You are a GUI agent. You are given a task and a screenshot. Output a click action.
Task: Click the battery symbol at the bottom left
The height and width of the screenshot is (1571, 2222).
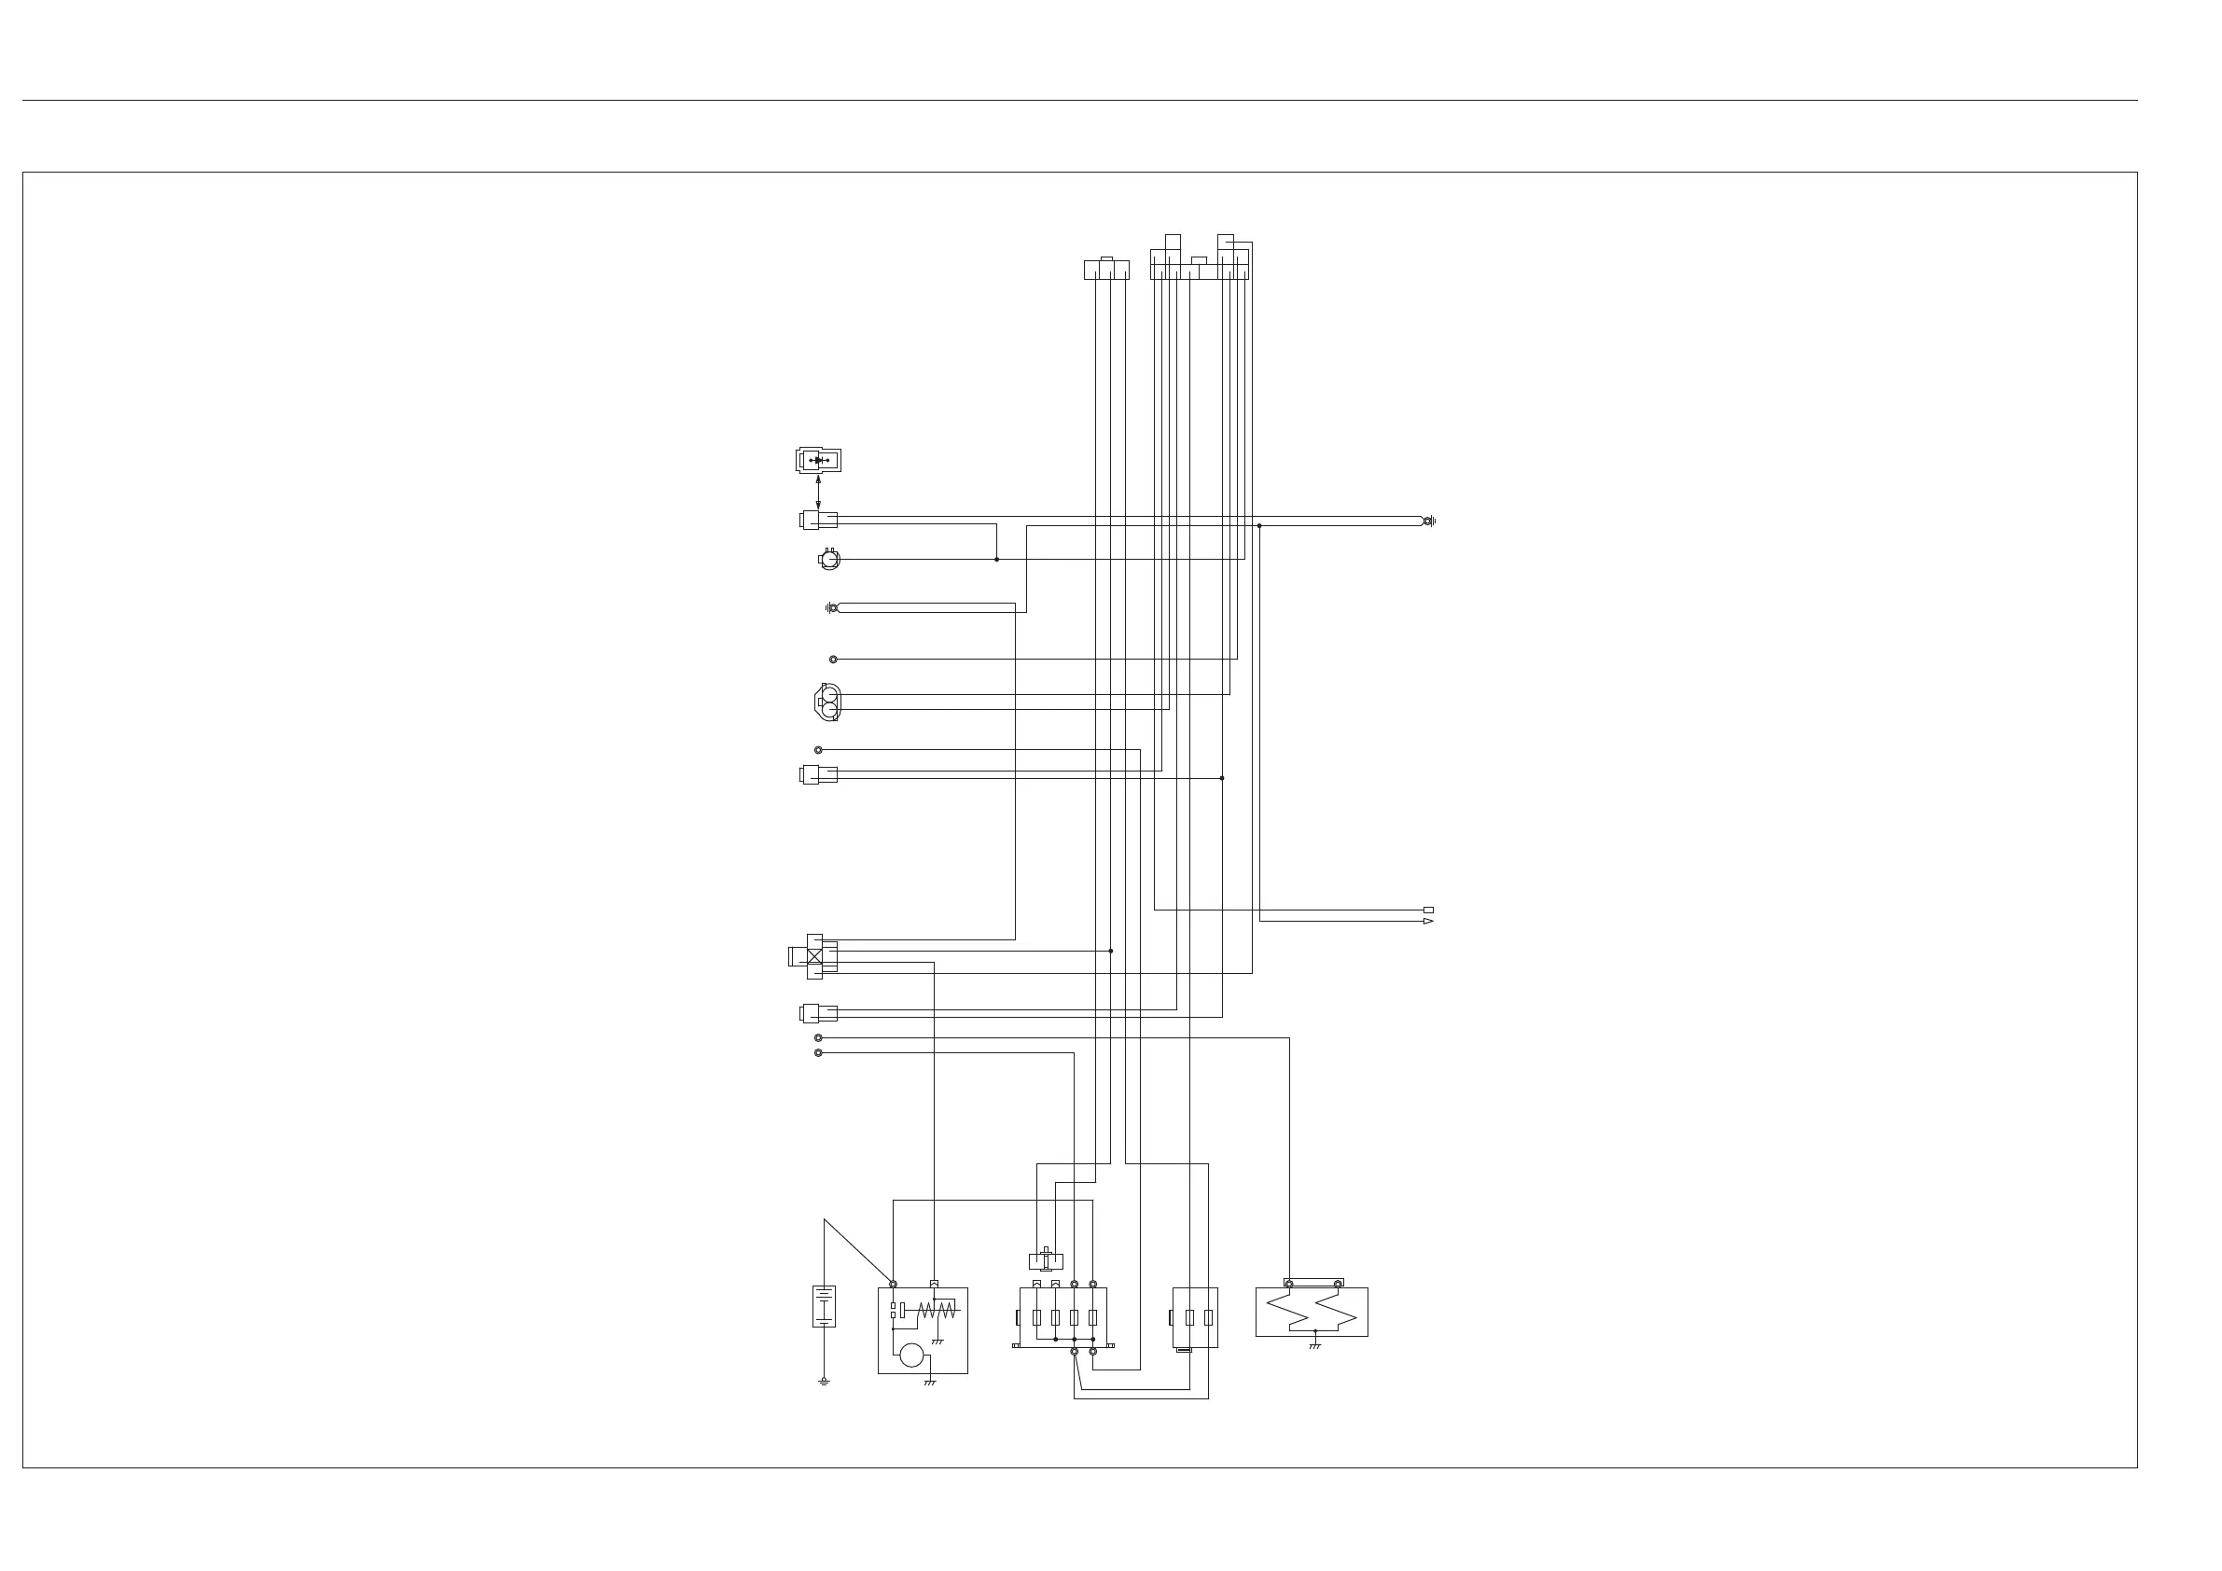click(x=824, y=1306)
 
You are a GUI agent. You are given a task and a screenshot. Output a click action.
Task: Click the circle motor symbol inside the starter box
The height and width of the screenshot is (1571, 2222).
click(x=911, y=1356)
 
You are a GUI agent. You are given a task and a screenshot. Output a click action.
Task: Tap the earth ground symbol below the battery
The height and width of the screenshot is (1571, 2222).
click(x=824, y=1382)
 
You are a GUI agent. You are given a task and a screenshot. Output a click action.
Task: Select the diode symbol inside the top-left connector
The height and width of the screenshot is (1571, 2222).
click(x=820, y=460)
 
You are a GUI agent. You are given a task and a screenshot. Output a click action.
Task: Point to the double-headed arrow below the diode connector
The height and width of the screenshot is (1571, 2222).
click(x=819, y=492)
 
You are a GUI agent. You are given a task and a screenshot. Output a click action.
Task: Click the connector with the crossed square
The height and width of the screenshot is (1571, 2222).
click(x=815, y=956)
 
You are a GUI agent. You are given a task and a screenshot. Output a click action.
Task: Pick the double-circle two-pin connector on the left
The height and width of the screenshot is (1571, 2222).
click(x=827, y=702)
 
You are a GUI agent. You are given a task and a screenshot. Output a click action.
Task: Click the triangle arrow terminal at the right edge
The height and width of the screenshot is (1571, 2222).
click(x=1428, y=922)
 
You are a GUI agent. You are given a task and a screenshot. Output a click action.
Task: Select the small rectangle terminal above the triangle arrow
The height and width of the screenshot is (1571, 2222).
click(x=1428, y=910)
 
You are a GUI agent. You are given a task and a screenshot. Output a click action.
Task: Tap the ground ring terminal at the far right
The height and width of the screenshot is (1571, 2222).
click(x=1428, y=521)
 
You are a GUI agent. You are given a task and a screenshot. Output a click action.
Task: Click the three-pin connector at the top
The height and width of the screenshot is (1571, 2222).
click(x=1106, y=269)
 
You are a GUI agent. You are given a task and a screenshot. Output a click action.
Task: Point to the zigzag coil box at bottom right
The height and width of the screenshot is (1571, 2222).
click(x=1312, y=1312)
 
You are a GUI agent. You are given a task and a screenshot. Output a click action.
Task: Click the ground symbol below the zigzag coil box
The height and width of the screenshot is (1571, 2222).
click(x=1314, y=1346)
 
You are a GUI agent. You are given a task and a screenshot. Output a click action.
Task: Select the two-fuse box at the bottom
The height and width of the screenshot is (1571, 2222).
click(x=1195, y=1316)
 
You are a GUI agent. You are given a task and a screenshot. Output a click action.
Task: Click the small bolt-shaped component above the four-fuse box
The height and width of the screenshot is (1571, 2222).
click(x=1046, y=1260)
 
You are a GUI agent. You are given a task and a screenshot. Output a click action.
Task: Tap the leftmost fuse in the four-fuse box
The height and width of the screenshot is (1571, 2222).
click(x=1036, y=1316)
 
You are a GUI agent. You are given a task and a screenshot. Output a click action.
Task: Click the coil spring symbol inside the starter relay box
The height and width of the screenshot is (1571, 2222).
click(x=937, y=1311)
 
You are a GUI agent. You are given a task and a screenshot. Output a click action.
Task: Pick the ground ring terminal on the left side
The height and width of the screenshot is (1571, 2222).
click(x=832, y=608)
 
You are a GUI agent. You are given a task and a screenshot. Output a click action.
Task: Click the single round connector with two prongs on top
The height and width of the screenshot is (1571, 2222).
click(x=829, y=559)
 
